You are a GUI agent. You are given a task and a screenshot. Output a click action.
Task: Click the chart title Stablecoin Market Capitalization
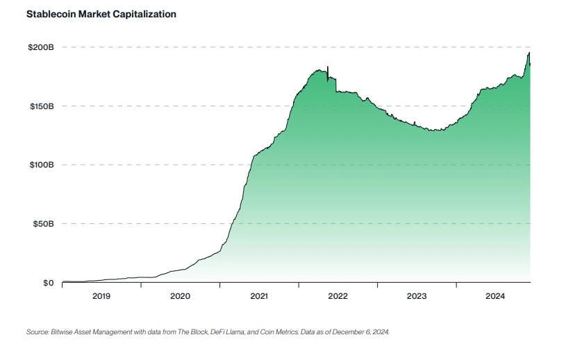pos(101,14)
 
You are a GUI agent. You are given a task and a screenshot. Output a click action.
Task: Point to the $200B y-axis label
pos(39,47)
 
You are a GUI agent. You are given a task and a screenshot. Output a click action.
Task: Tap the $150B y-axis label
pos(39,106)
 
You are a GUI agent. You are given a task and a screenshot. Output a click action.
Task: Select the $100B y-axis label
pos(39,165)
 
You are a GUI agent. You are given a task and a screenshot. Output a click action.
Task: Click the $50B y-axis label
pos(41,224)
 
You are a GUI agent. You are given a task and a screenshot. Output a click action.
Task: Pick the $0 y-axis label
pos(47,283)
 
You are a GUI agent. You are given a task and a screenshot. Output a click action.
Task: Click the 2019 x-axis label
pos(101,296)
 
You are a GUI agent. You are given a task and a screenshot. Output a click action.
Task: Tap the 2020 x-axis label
pos(180,296)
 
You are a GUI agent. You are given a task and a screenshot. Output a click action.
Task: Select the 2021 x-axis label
pos(259,296)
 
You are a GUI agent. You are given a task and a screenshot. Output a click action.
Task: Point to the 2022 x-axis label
pos(338,296)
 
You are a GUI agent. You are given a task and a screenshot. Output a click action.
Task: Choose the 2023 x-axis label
pos(417,296)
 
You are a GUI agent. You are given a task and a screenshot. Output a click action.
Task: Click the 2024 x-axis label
pos(495,296)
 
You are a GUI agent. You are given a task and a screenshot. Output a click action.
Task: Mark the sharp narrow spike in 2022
pos(328,67)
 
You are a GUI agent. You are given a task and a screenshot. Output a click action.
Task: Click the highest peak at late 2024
pos(529,53)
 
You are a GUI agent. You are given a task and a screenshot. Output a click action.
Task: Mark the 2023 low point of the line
pos(435,130)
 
